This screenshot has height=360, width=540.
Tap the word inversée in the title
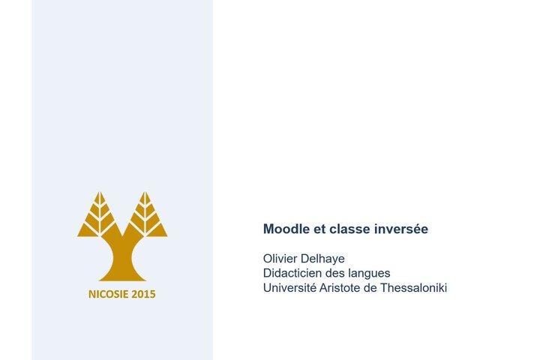pos(401,229)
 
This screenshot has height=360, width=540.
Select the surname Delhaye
pos(325,259)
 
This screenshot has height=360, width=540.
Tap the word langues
pos(368,274)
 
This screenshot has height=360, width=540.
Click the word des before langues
pos(336,273)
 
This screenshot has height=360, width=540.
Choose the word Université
pos(290,287)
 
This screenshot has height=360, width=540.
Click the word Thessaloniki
pos(414,287)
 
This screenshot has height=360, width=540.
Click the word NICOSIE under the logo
pos(108,294)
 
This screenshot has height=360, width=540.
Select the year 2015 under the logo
pos(143,294)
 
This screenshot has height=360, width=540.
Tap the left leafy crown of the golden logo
pos(98,217)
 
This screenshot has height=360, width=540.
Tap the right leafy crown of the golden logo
pos(146,217)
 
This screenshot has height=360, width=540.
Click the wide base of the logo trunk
pos(122,274)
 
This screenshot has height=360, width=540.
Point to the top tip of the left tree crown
pos(98,192)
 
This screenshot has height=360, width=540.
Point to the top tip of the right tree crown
pos(146,192)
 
